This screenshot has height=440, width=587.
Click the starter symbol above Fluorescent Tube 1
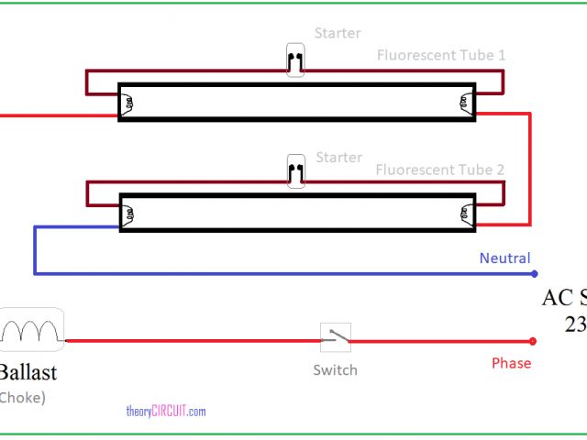coord(295,61)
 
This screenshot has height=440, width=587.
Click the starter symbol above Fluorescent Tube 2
coord(295,170)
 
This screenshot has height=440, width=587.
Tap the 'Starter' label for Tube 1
coord(338,34)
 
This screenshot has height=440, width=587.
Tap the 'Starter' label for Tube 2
coord(338,158)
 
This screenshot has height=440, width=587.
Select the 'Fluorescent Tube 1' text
coord(440,55)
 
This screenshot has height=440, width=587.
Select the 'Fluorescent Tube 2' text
coord(440,170)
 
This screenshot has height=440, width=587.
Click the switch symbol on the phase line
coord(335,337)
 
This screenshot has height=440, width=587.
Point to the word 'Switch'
coord(335,370)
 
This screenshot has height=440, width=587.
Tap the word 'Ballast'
coord(28,372)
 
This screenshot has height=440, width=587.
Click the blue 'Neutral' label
coord(504,258)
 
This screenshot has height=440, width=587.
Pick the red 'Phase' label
coord(511,363)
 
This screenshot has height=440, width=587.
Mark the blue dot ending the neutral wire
coord(534,273)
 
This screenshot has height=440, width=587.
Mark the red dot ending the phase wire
coord(534,342)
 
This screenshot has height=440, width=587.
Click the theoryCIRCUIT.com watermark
coord(165,412)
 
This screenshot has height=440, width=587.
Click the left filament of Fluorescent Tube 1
coord(127,103)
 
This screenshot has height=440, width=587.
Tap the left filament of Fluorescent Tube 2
coord(129,214)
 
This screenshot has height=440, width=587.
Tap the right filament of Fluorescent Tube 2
coord(466,214)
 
